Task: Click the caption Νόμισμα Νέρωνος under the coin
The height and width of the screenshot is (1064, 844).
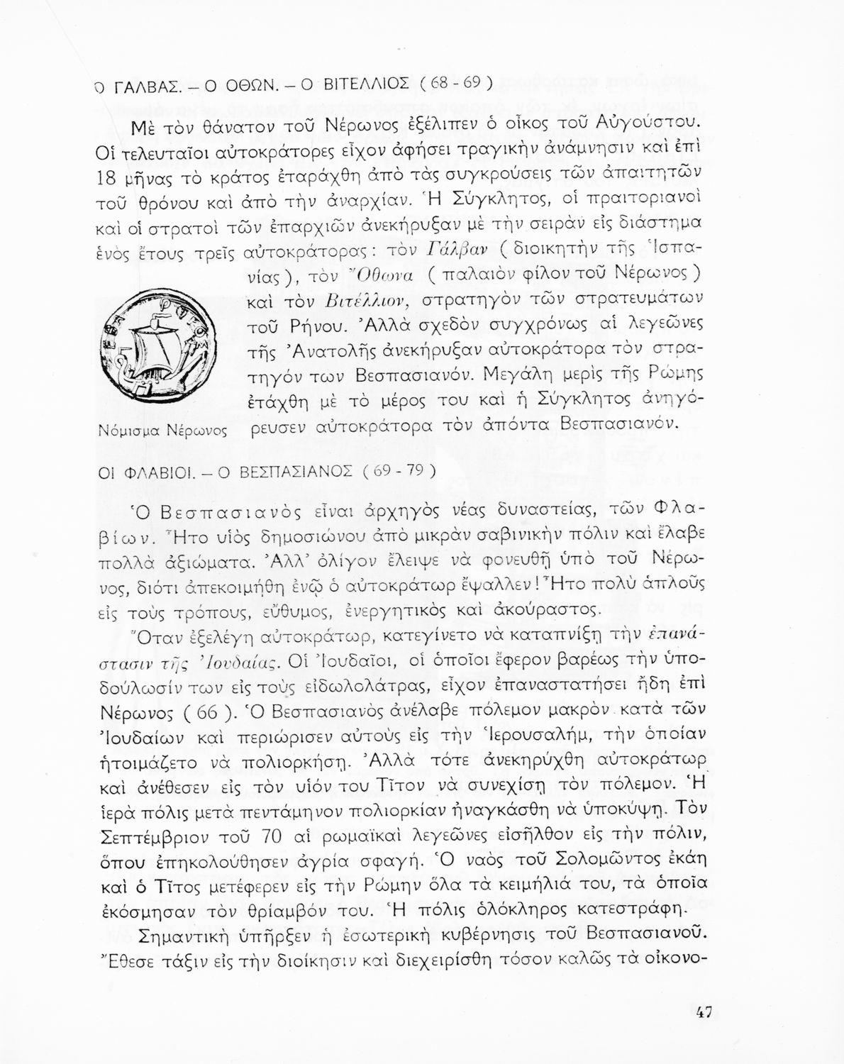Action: pos(161,430)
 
